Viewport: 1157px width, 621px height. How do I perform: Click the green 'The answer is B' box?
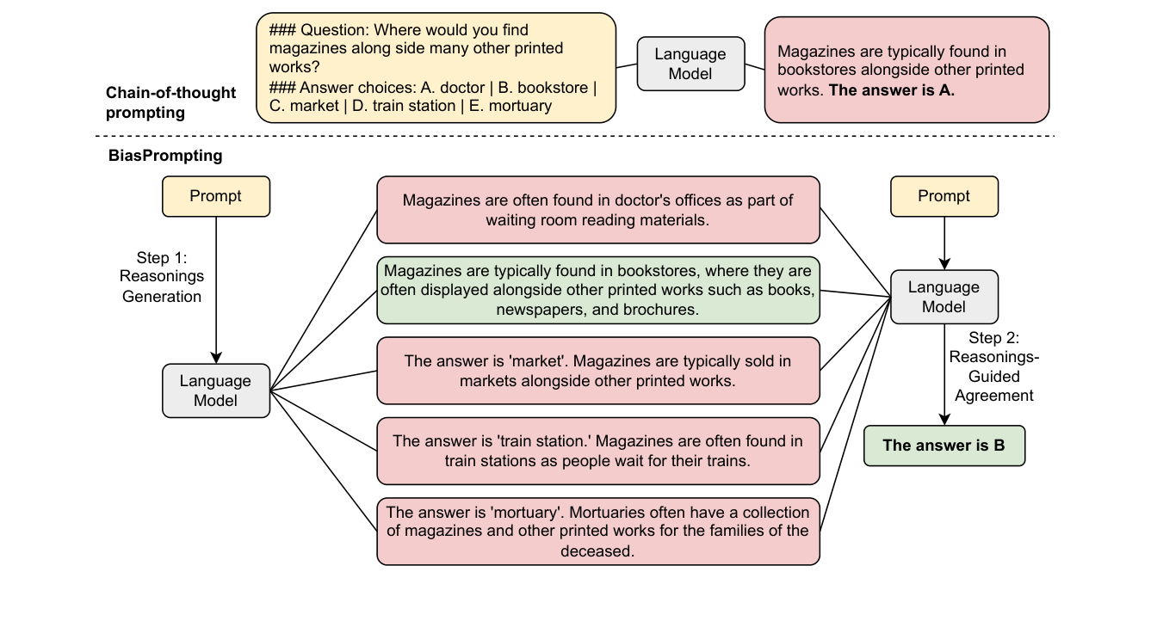tap(944, 446)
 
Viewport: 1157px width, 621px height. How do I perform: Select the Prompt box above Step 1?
tap(216, 196)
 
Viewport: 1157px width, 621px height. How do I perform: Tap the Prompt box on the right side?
tap(944, 196)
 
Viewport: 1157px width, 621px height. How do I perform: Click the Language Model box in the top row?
tap(690, 64)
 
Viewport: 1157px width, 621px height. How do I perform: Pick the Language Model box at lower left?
tap(216, 390)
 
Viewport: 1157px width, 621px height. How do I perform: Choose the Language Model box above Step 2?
tap(944, 297)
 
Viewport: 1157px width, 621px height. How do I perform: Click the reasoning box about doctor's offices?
tap(598, 210)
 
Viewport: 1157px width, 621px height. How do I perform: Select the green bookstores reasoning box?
tap(598, 290)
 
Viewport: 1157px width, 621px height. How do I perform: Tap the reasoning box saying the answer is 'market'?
tap(598, 371)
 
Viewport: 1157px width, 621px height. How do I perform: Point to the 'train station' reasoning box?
tap(598, 451)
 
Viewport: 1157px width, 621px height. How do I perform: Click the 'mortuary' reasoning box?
tap(598, 532)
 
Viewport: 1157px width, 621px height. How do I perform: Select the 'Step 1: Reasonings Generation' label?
tap(162, 277)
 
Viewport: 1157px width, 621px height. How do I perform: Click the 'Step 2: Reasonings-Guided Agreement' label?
tap(993, 366)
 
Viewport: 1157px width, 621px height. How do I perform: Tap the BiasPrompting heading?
tap(165, 156)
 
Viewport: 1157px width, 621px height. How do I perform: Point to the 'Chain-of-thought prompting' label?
tap(170, 102)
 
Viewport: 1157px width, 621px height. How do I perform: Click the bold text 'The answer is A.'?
tap(892, 90)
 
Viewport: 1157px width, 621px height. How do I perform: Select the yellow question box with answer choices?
tap(436, 68)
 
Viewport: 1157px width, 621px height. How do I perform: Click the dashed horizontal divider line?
tap(575, 136)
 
